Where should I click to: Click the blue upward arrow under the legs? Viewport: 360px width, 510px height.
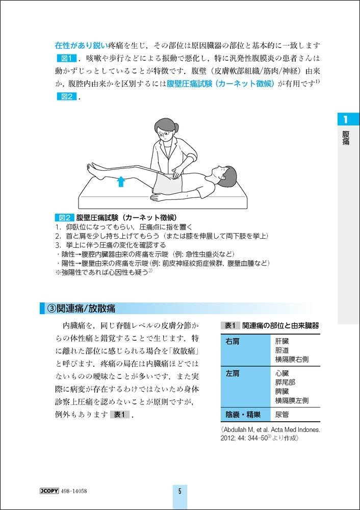point(121,181)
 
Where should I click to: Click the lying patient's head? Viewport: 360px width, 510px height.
point(222,172)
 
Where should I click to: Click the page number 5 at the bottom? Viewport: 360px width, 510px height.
point(180,492)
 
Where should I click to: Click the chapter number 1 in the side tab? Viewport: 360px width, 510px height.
point(346,120)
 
